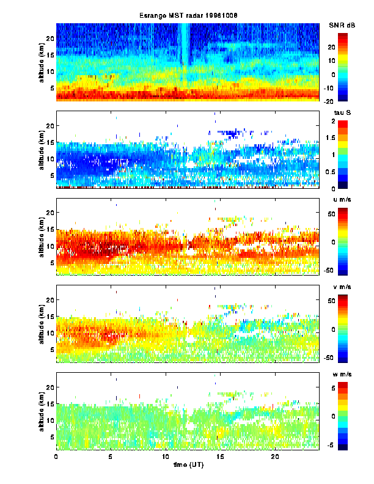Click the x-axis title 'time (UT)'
188,465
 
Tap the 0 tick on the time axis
56,457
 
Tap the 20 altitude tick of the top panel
50,38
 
